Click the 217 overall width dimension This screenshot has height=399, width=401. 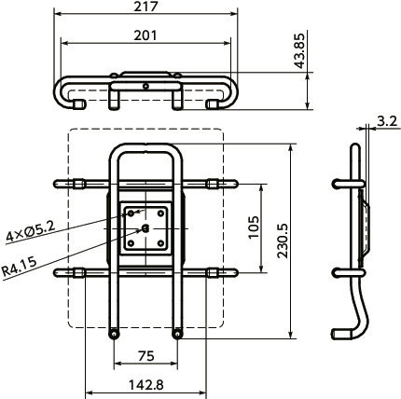coord(145,7)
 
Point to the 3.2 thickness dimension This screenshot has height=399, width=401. coord(388,119)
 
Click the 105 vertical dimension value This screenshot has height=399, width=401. coord(253,227)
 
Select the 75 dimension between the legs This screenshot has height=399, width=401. coord(145,355)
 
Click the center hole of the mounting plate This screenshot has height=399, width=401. coord(145,227)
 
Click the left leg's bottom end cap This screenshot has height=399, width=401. coord(114,334)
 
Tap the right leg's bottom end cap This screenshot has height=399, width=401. coord(177,334)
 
